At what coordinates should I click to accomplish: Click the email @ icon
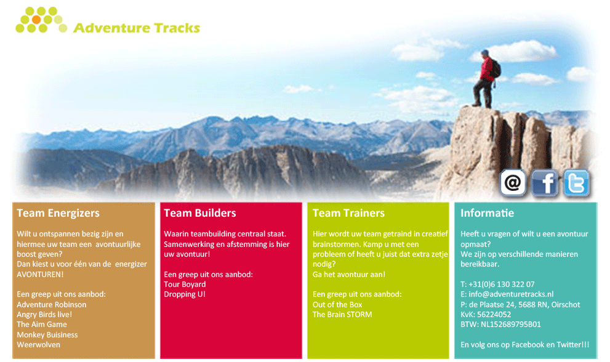[x=513, y=182]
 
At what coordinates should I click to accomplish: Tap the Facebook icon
[x=545, y=183]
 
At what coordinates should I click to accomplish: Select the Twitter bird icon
[x=576, y=183]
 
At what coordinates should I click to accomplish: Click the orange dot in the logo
[x=36, y=20]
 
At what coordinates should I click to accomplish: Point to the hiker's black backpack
[x=496, y=68]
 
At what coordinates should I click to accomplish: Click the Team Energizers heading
[x=58, y=213]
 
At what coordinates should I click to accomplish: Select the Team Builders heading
[x=200, y=213]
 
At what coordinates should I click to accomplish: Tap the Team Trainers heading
[x=348, y=213]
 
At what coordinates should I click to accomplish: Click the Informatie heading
[x=487, y=213]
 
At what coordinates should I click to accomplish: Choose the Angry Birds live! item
[x=44, y=315]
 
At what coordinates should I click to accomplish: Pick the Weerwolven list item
[x=39, y=345]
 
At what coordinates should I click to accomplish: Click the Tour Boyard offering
[x=185, y=284]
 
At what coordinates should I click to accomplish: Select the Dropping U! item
[x=185, y=294]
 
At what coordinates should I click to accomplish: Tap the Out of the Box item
[x=337, y=304]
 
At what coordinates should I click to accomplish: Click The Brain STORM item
[x=342, y=315]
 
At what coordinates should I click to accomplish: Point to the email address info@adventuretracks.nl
[x=511, y=294]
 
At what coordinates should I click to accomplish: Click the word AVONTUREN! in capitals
[x=40, y=275]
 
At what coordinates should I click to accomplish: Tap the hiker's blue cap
[x=484, y=52]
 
